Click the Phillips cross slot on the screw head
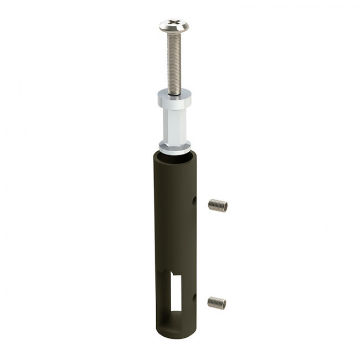[x=173, y=24]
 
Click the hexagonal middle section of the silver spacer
[x=175, y=126]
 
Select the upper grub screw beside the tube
[x=218, y=205]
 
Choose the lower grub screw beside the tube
[x=217, y=302]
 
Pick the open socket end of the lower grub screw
[x=224, y=303]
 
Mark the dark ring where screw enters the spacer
[x=174, y=94]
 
